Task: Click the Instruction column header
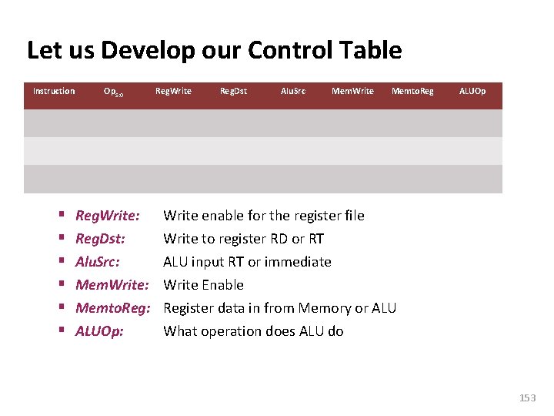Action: [x=54, y=91]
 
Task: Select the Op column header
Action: [x=113, y=92]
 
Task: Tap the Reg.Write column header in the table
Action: [x=173, y=91]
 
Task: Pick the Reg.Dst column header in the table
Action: [x=233, y=91]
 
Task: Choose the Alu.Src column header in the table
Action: [x=292, y=91]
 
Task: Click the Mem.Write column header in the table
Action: [x=352, y=91]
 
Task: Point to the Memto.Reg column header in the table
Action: [x=412, y=91]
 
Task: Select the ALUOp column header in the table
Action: [x=472, y=91]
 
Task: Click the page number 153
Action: [x=527, y=398]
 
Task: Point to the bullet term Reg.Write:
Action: [x=107, y=216]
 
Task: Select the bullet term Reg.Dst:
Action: [x=100, y=239]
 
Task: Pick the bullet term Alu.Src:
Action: [x=97, y=262]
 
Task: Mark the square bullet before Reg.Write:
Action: [x=59, y=216]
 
